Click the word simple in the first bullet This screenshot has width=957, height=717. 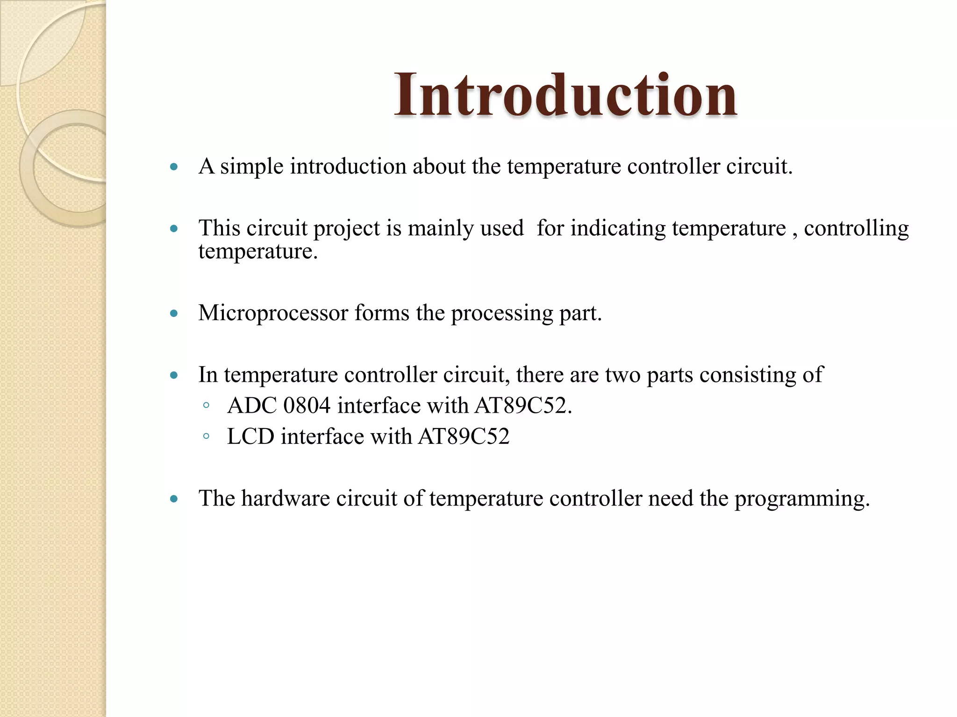251,167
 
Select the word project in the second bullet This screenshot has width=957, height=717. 347,229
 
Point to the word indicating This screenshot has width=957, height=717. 618,229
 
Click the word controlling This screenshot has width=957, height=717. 856,229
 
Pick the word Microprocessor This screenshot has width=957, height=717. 273,313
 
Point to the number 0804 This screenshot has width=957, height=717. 307,406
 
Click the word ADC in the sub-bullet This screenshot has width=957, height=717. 252,406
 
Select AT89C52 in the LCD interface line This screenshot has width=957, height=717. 464,437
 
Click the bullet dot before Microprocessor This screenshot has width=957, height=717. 174,314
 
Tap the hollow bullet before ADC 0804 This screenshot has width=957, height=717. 206,406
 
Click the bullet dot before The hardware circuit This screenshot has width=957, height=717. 174,499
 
